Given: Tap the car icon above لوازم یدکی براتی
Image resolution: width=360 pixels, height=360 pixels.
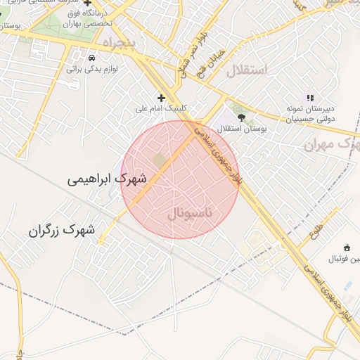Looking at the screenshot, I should [x=91, y=57].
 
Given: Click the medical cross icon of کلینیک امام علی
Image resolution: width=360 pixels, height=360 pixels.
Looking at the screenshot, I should [x=161, y=97].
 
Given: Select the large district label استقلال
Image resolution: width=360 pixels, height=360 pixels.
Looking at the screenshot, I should [x=247, y=70].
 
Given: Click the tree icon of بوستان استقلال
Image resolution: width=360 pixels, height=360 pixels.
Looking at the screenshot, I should [x=241, y=117].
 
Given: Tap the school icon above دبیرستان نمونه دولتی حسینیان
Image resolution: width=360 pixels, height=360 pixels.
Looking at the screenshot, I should [x=309, y=98].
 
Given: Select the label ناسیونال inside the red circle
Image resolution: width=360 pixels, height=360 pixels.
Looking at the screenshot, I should [x=193, y=212].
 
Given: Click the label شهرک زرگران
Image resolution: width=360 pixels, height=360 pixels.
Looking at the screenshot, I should [x=62, y=230].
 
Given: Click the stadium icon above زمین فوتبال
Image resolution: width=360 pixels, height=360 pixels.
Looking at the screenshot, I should [x=347, y=247].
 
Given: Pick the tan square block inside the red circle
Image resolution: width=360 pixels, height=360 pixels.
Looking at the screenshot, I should [x=160, y=161].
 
